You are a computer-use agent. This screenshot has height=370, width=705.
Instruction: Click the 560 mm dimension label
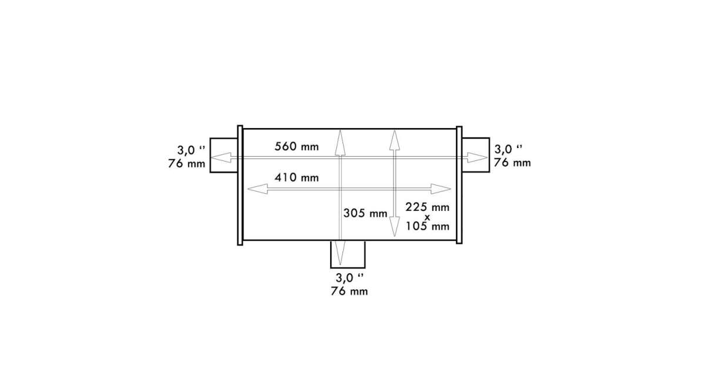coord(297,147)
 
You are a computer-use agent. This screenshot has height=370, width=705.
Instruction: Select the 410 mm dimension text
coord(297,178)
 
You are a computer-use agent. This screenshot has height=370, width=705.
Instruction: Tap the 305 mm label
coord(365,213)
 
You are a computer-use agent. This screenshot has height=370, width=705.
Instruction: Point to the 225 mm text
coord(428,207)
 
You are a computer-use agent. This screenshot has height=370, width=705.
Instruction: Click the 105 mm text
coord(428,226)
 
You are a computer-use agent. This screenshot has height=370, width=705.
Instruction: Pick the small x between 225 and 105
coord(427,217)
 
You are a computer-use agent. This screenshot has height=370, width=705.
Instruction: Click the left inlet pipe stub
coord(224,155)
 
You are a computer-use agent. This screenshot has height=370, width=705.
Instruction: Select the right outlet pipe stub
coord(475,155)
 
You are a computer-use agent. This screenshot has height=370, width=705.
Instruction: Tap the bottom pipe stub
coord(348,254)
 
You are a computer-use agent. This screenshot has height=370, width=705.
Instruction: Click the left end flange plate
coord(240,186)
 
